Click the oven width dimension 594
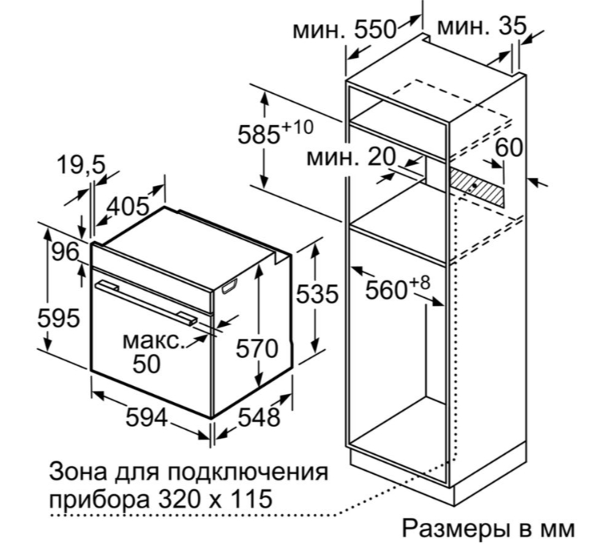point(146,417)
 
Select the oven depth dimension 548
point(258,417)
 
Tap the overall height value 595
point(59,319)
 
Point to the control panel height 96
point(66,252)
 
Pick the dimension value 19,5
point(81,165)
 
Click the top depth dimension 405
point(128,206)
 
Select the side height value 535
point(317,294)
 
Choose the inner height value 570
point(257,349)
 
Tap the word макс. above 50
point(154,341)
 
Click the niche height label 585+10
point(275,133)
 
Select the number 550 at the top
point(375,29)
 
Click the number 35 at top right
point(512,26)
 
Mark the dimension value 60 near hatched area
point(509,147)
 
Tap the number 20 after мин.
point(382,157)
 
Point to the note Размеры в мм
point(488,528)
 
